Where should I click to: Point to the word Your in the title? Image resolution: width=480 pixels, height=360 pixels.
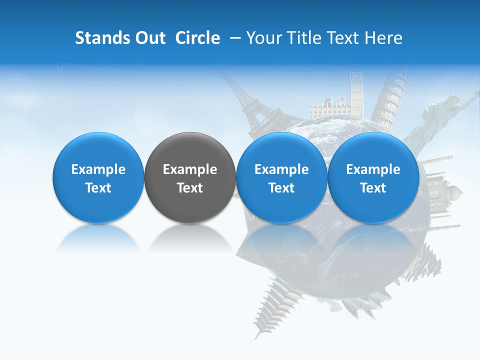(263, 38)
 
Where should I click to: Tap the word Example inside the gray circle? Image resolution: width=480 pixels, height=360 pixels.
(189, 169)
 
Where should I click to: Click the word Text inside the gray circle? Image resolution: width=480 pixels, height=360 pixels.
(189, 188)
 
